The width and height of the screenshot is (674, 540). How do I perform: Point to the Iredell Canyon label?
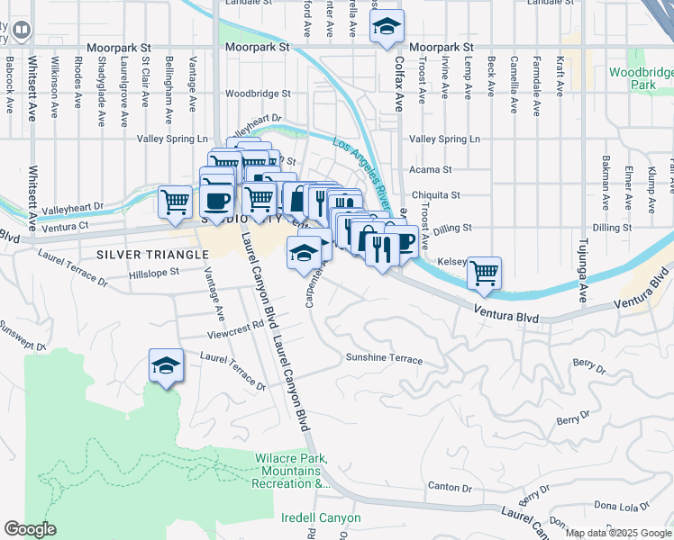click(x=321, y=517)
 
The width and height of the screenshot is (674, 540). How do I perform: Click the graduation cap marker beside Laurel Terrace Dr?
click(x=166, y=365)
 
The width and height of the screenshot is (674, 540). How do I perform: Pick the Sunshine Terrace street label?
click(x=384, y=358)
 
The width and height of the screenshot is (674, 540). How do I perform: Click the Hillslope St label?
click(x=154, y=273)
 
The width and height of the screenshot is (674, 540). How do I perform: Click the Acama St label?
click(x=431, y=169)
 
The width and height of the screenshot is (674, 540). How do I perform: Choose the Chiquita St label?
click(x=435, y=194)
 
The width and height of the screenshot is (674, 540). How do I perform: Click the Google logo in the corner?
click(x=30, y=529)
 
